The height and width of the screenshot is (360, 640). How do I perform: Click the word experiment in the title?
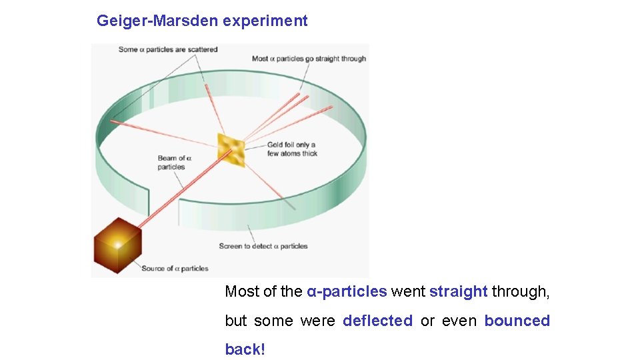(x=265, y=21)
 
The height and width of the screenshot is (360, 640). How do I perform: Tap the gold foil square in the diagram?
(x=231, y=149)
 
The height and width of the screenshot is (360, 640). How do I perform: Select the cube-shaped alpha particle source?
(x=118, y=244)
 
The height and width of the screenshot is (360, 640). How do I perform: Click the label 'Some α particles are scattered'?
(x=168, y=49)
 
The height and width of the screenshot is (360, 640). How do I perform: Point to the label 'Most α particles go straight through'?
(x=309, y=59)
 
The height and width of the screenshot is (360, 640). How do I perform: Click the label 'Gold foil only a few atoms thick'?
(x=292, y=149)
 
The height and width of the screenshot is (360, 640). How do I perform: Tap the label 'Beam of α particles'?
(x=173, y=163)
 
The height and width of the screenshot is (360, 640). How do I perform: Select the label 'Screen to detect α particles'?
(x=263, y=246)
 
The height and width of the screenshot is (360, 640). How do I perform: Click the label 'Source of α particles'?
(x=175, y=269)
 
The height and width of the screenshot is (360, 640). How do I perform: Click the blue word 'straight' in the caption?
(x=459, y=291)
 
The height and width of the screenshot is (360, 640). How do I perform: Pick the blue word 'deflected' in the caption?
(x=377, y=321)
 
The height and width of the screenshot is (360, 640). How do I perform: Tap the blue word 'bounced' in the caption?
(x=517, y=321)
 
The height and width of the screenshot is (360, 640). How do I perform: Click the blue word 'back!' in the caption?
(x=245, y=350)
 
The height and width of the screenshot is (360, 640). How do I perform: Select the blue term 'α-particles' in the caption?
(x=347, y=291)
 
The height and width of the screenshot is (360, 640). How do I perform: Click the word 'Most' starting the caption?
(x=241, y=291)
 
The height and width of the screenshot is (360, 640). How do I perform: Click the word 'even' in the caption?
(x=459, y=321)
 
